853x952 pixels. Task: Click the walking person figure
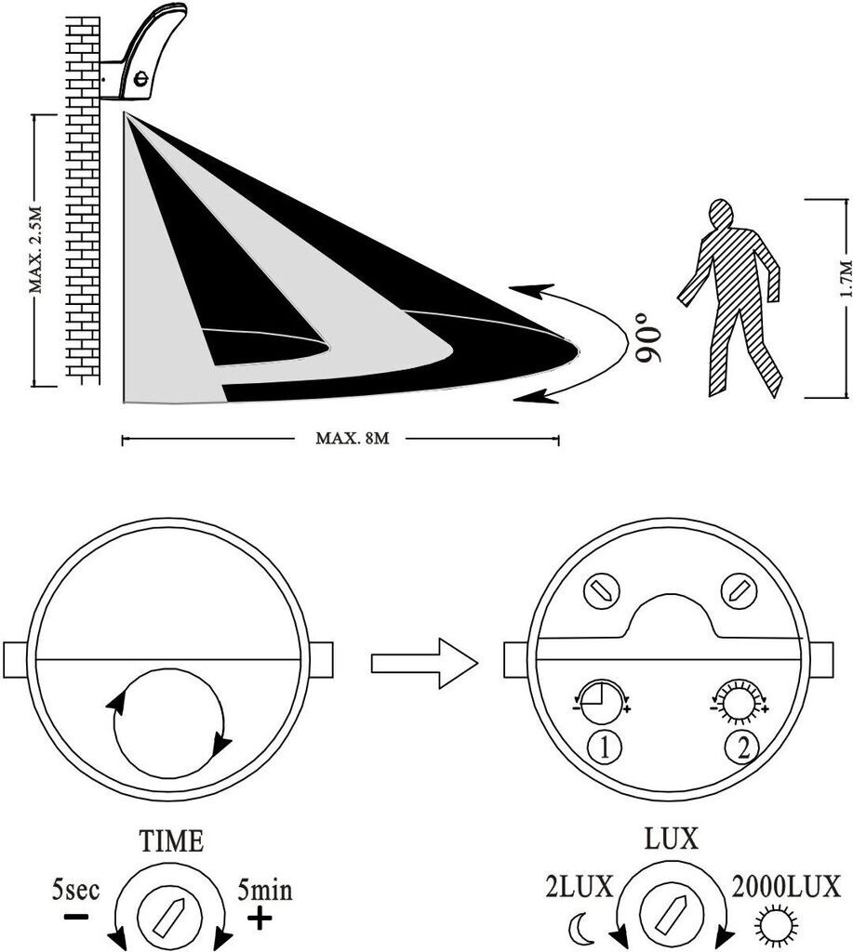tap(737, 297)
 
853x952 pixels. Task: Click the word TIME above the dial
tap(170, 842)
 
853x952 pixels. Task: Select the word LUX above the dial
tap(671, 839)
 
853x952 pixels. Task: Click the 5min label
tap(265, 890)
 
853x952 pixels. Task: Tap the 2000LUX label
tap(787, 884)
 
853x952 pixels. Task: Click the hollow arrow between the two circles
tap(423, 662)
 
